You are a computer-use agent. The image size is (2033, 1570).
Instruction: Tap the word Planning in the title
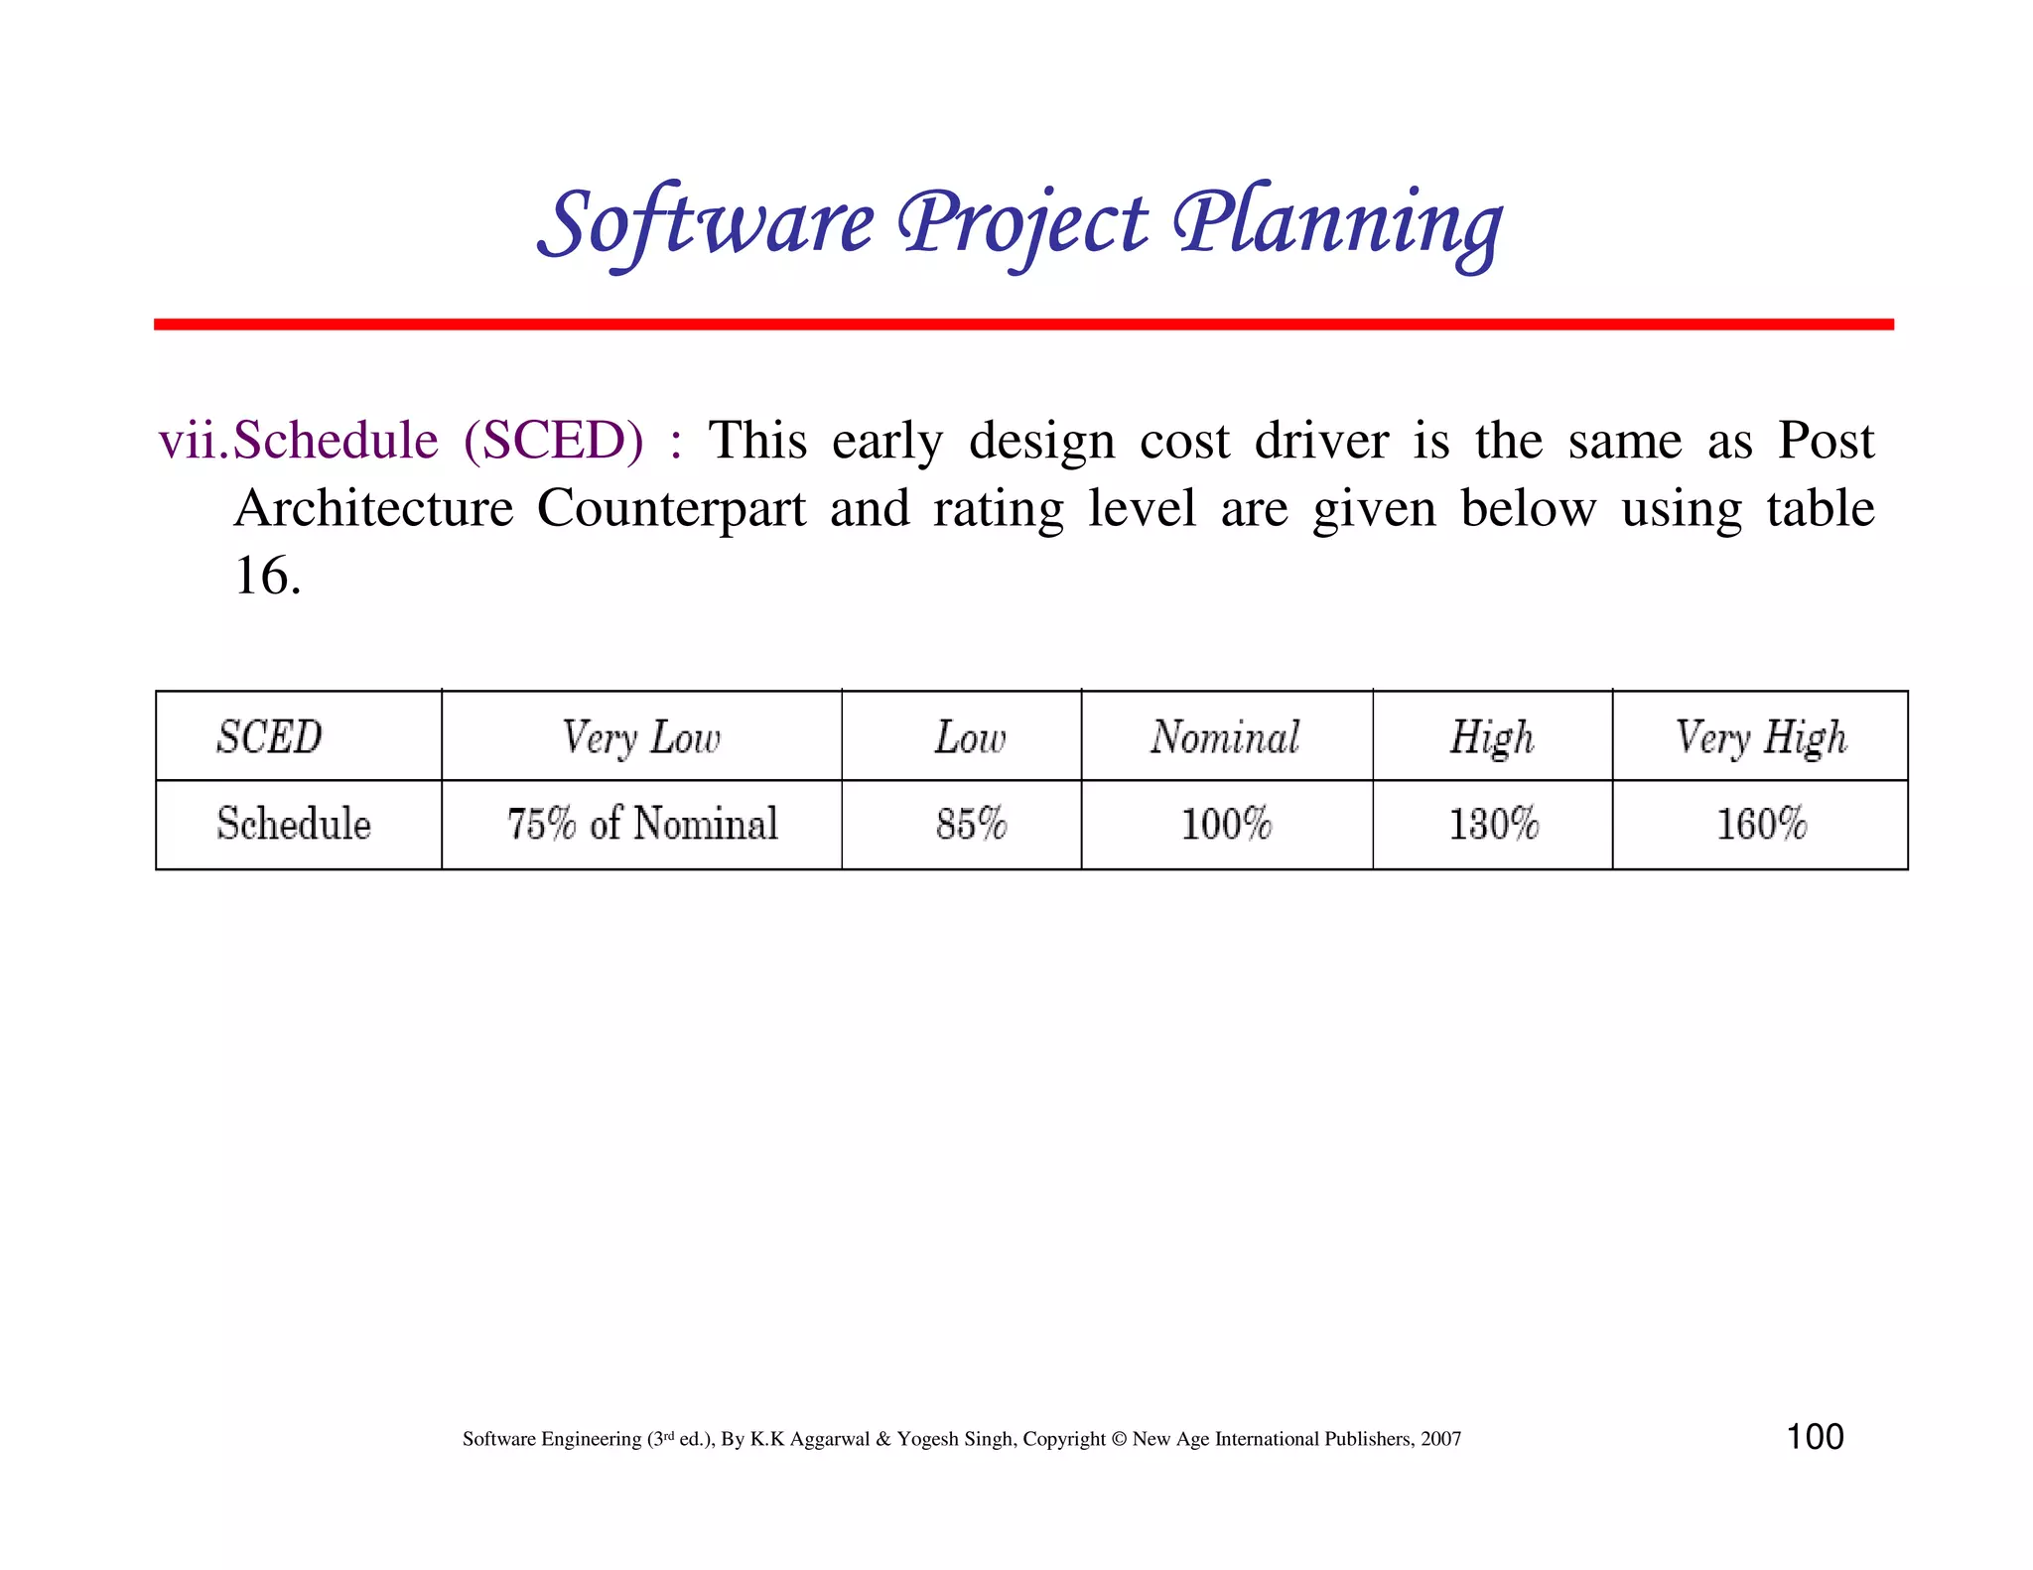(1336, 223)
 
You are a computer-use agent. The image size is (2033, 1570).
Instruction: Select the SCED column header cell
(270, 737)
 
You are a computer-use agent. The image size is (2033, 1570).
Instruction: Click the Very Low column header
(641, 737)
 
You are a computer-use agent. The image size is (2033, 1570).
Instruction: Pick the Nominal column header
(1226, 737)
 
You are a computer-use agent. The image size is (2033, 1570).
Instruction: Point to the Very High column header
(1761, 737)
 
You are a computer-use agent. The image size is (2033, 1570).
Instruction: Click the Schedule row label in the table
(294, 825)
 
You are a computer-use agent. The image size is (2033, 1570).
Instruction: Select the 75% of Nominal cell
(642, 825)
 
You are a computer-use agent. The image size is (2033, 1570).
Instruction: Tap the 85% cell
(971, 825)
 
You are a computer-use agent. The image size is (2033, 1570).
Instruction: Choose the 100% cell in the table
(1226, 825)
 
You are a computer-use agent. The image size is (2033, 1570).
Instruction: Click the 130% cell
(1493, 825)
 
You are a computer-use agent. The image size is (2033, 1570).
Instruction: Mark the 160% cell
(1761, 825)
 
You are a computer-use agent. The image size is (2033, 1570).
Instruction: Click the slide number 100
(1815, 1437)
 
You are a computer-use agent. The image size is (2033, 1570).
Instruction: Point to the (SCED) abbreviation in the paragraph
(553, 441)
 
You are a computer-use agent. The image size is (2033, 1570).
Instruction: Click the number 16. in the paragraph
(267, 576)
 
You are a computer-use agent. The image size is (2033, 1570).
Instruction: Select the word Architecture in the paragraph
(374, 508)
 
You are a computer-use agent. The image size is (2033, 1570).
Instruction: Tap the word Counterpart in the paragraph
(671, 508)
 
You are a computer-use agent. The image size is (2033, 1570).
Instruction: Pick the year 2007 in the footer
(1440, 1439)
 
